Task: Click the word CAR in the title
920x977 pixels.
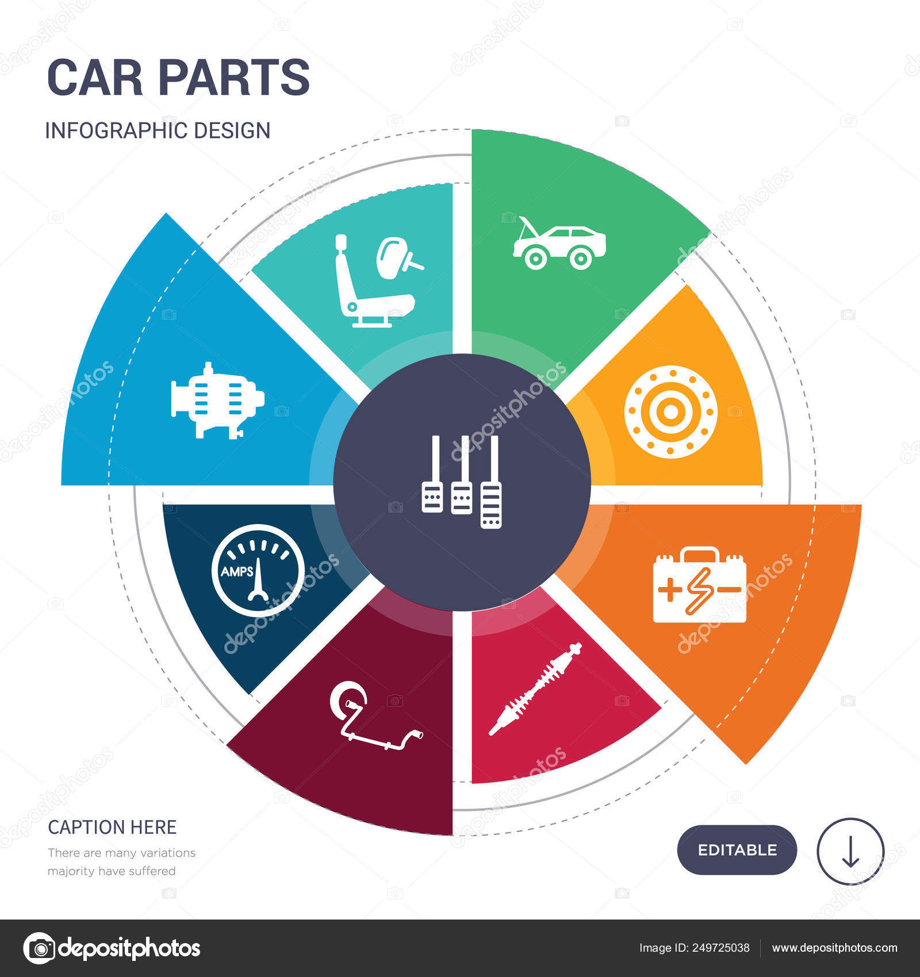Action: click(x=95, y=78)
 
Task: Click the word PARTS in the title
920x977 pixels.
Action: click(x=234, y=78)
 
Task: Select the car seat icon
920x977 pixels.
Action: click(x=374, y=281)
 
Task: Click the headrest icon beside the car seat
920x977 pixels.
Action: click(x=398, y=256)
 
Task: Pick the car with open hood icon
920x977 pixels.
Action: click(x=559, y=243)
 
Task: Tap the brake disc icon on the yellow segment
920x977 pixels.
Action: click(x=670, y=411)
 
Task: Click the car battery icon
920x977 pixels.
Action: click(x=699, y=584)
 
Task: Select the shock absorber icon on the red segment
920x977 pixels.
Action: click(x=535, y=688)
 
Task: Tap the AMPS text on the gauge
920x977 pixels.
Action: click(x=237, y=572)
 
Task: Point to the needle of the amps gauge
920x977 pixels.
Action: click(x=258, y=579)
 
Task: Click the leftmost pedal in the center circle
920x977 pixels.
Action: click(x=432, y=474)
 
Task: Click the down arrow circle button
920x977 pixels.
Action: click(x=850, y=851)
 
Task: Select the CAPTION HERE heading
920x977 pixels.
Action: click(x=112, y=827)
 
